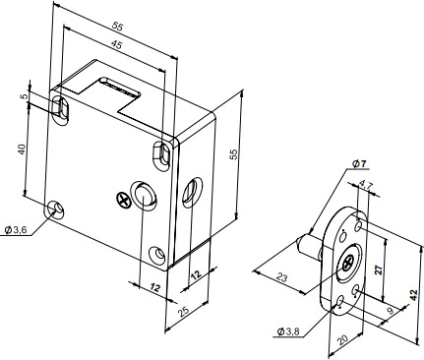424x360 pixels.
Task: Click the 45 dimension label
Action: click(116, 44)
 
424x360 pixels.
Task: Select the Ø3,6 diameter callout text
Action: click(16, 230)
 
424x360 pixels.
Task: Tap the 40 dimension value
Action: click(22, 150)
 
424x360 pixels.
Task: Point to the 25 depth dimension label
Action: click(184, 311)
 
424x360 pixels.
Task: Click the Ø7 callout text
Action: click(360, 163)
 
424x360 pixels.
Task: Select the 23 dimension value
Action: click(281, 277)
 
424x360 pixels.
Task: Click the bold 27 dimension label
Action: click(379, 270)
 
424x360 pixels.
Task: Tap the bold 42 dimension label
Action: click(414, 295)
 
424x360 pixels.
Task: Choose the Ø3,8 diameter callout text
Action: click(288, 331)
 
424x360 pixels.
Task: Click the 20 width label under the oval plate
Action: click(342, 340)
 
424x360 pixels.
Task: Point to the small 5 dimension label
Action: click(23, 96)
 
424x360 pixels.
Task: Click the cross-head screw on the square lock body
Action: click(124, 201)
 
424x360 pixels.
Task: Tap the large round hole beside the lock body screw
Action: click(144, 195)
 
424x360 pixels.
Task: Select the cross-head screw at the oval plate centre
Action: click(348, 263)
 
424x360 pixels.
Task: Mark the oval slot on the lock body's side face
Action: click(192, 193)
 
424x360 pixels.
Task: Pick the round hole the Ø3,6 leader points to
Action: click(55, 210)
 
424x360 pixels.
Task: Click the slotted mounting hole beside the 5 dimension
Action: click(61, 109)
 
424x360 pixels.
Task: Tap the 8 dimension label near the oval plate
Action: click(391, 311)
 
